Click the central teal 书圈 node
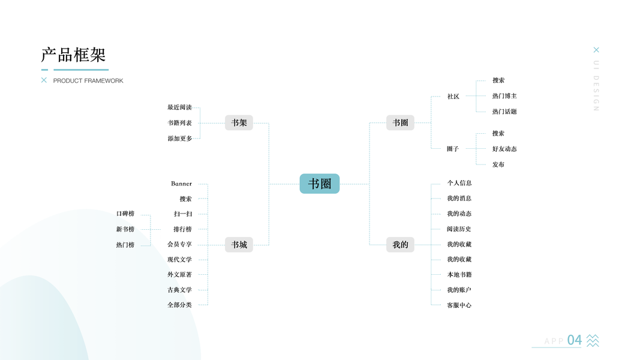pos(320,184)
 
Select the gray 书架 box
pos(239,122)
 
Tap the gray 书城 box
pos(239,244)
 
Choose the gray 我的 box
pos(400,244)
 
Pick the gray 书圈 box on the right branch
pos(400,122)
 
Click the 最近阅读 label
pos(179,107)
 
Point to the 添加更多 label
pos(179,139)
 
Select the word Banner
pos(181,184)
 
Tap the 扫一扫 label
pos(183,214)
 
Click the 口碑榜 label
pos(125,214)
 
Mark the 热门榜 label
pos(125,245)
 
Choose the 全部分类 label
pos(179,305)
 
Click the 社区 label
pos(453,97)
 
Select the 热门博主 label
pos(504,96)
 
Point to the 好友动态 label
pos(504,149)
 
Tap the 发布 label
pos(498,164)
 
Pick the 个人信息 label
pos(459,183)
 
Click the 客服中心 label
pos(459,305)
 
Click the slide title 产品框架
pos(73,55)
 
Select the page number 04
pos(574,340)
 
